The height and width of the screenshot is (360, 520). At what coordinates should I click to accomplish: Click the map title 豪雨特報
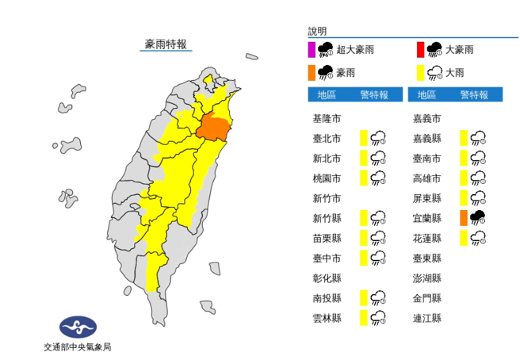pyautogui.click(x=166, y=44)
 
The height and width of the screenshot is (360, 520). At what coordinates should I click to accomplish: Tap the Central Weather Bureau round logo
pyautogui.click(x=78, y=327)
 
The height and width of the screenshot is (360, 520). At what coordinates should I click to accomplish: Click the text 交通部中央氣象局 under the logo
pyautogui.click(x=78, y=347)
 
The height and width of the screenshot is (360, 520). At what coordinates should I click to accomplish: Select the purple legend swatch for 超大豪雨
pyautogui.click(x=312, y=51)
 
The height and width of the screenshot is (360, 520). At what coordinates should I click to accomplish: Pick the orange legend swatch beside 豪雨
pyautogui.click(x=312, y=73)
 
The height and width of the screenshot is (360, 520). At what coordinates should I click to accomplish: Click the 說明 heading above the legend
pyautogui.click(x=317, y=32)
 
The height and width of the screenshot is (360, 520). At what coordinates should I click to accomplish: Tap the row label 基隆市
pyautogui.click(x=327, y=118)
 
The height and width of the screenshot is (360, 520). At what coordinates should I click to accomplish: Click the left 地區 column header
pyautogui.click(x=326, y=95)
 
